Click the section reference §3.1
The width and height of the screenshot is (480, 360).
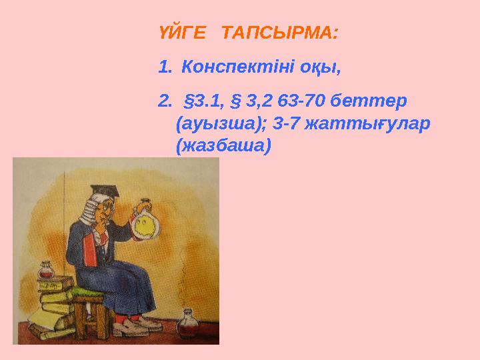click(203, 102)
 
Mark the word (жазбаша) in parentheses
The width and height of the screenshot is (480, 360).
click(223, 146)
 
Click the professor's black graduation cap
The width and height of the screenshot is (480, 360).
click(103, 191)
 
